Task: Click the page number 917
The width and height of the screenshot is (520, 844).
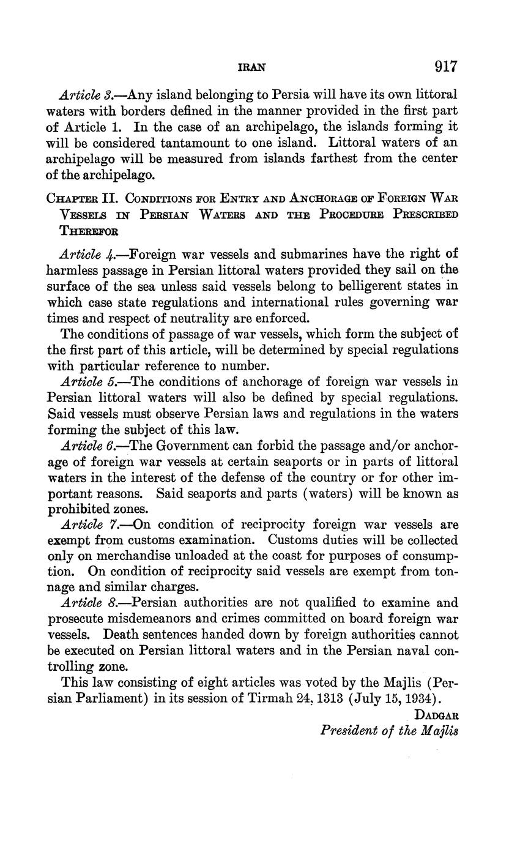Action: pos(445,66)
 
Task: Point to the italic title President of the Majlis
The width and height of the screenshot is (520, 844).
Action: pos(389,730)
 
